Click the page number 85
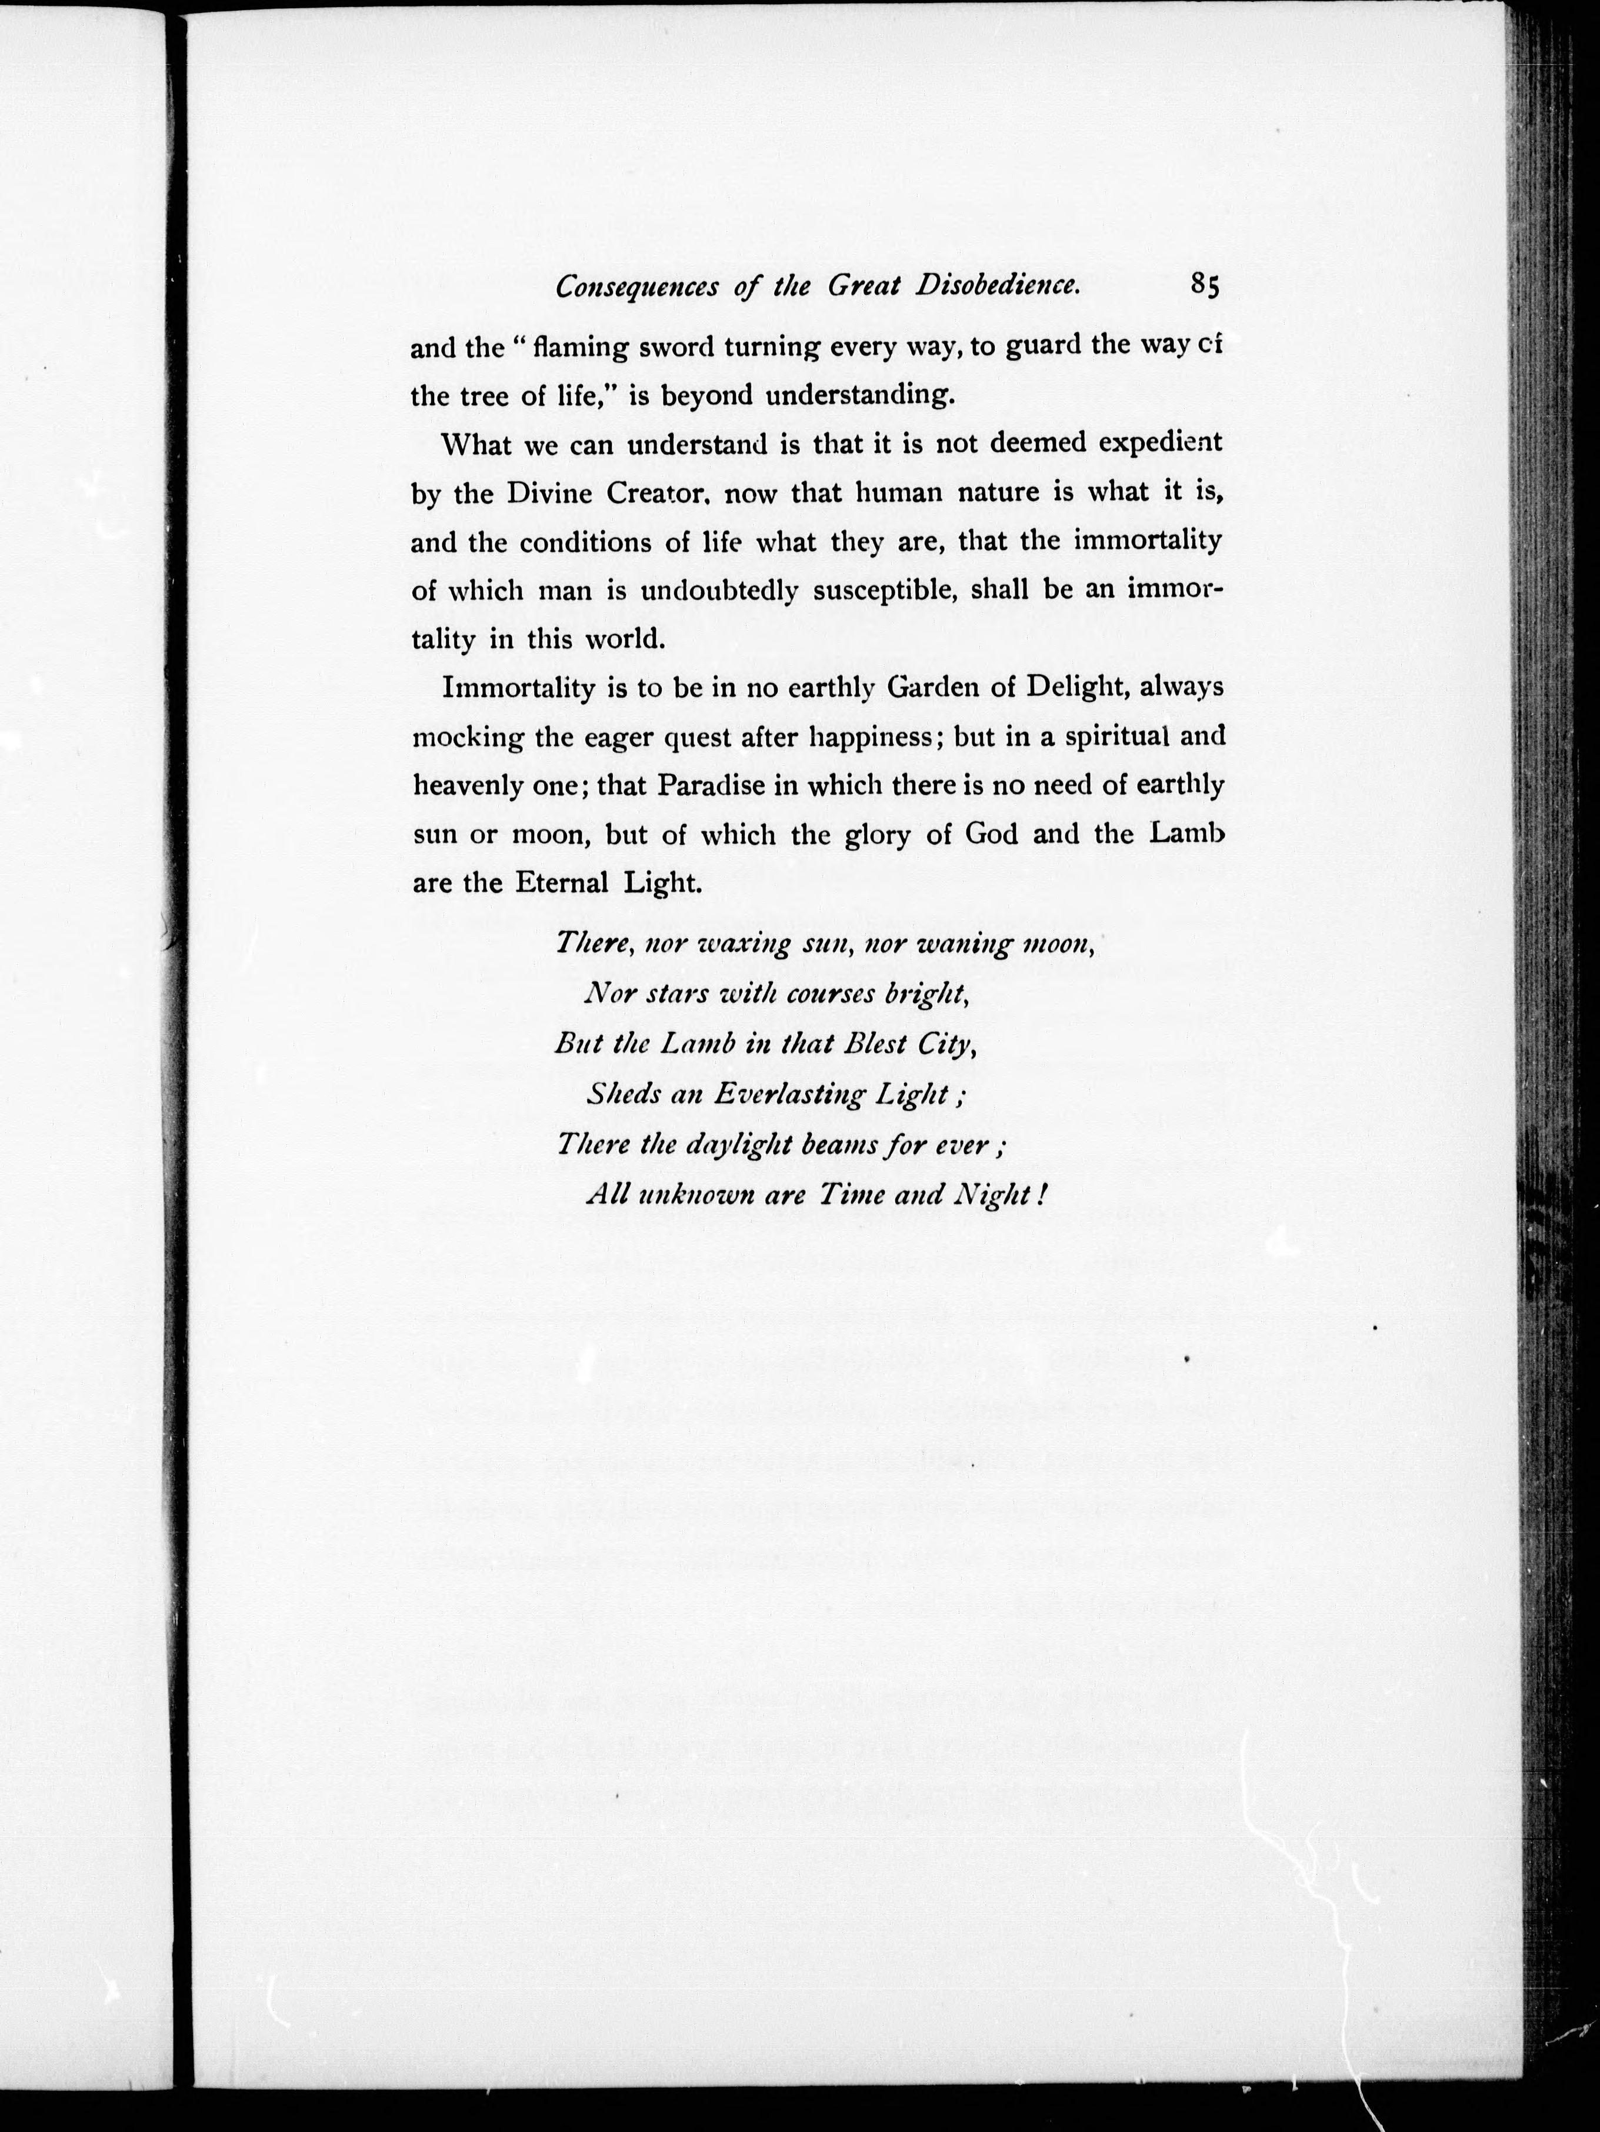tap(1205, 285)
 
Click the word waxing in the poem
tap(742, 942)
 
